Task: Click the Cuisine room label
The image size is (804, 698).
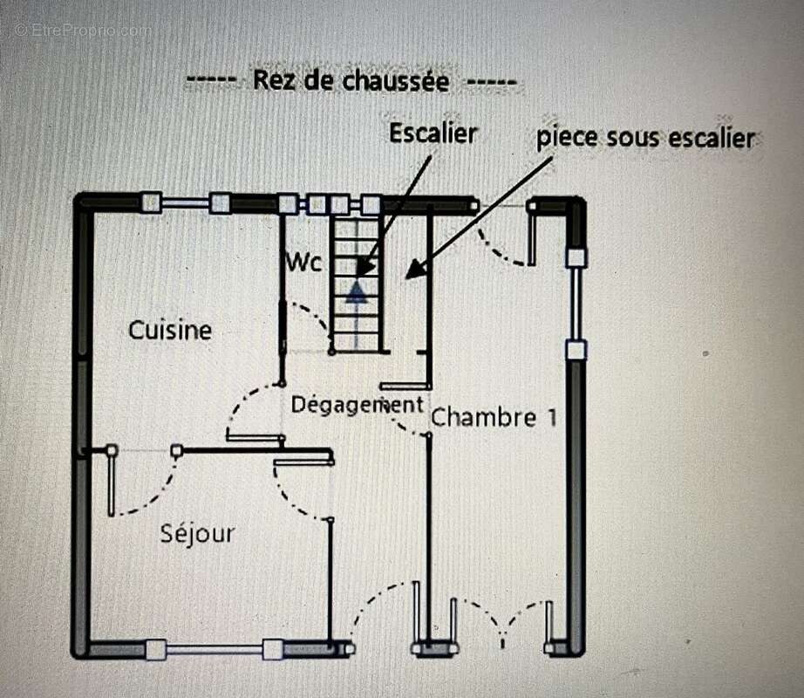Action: click(x=170, y=331)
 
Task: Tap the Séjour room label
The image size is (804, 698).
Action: click(x=197, y=533)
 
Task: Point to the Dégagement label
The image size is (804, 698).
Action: click(x=357, y=405)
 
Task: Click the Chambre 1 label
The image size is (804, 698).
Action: click(x=494, y=417)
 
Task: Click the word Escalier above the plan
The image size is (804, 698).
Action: click(x=433, y=133)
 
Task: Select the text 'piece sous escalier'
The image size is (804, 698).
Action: click(x=644, y=138)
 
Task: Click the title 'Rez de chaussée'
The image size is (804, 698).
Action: click(x=351, y=81)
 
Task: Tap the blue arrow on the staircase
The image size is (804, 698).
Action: click(x=356, y=291)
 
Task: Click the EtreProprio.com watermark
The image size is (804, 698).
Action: click(x=83, y=29)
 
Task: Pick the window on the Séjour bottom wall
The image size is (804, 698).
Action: click(x=214, y=649)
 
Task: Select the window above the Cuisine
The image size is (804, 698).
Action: click(x=185, y=203)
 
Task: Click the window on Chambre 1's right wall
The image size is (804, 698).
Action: click(x=576, y=304)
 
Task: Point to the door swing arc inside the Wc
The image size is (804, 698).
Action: click(x=310, y=321)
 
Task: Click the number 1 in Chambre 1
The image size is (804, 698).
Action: click(x=550, y=417)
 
